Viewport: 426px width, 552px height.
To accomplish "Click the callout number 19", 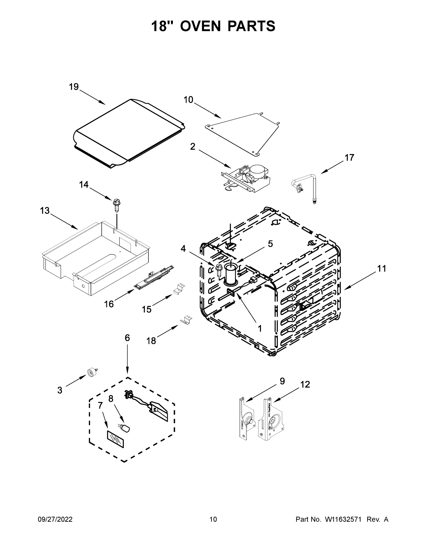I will [x=74, y=87].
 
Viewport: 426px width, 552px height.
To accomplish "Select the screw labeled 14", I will [x=117, y=206].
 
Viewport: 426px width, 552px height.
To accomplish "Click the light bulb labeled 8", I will [x=125, y=428].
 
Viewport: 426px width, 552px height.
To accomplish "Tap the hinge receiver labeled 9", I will [x=246, y=419].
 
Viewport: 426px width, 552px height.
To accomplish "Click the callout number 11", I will [x=382, y=268].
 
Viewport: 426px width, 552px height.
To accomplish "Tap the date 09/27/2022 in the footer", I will [x=55, y=519].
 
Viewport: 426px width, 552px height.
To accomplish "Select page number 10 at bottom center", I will [x=213, y=519].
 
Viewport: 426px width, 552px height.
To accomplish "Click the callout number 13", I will [x=45, y=210].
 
